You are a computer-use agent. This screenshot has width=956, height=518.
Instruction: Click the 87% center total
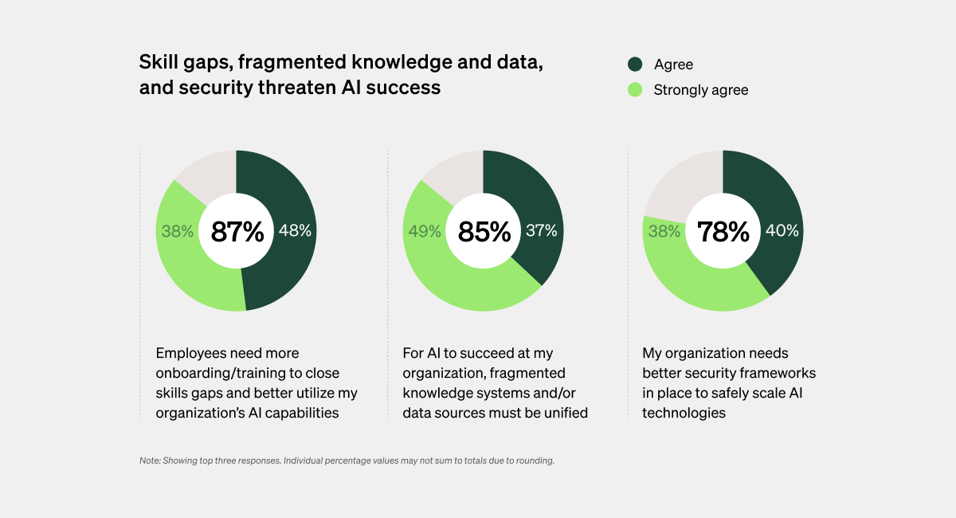(237, 232)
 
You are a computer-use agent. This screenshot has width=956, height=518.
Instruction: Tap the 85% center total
(484, 232)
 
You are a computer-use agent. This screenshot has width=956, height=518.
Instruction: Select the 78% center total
(723, 232)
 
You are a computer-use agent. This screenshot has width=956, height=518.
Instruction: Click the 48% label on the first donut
(295, 232)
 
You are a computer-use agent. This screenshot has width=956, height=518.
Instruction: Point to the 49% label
(425, 232)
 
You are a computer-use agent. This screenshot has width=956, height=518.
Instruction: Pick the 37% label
(542, 232)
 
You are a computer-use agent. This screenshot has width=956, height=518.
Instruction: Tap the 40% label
(782, 232)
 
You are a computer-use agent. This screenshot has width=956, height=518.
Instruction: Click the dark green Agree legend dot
(635, 65)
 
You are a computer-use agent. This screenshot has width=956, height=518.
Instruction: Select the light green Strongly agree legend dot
(635, 90)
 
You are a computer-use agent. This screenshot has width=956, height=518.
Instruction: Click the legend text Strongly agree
(701, 90)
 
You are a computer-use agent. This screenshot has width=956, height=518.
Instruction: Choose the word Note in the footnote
(149, 461)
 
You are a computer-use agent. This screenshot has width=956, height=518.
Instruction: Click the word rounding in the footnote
(534, 461)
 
